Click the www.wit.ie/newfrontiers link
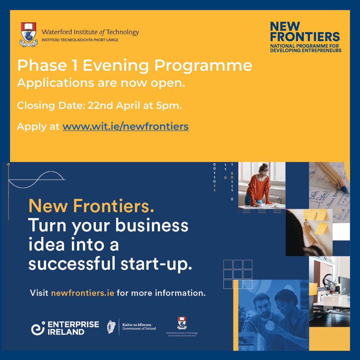[125, 126]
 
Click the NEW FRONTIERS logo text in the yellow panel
[304, 31]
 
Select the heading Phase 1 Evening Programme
[134, 66]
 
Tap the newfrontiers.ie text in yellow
[82, 293]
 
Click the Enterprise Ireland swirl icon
[38, 328]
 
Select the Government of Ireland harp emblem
[112, 327]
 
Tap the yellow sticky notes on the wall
[315, 220]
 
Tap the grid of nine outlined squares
[238, 274]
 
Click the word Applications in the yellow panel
[55, 83]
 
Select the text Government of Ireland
[139, 329]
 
